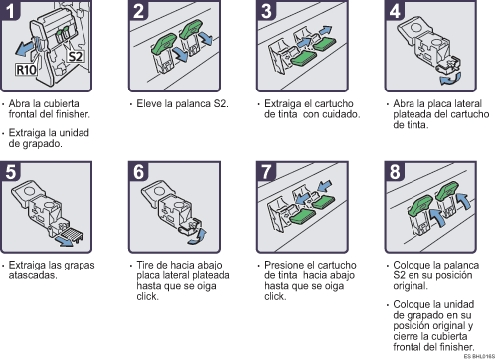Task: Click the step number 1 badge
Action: (10, 10)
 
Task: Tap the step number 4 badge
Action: (395, 10)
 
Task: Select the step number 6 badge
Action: (138, 171)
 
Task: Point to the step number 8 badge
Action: (395, 171)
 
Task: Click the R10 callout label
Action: (26, 70)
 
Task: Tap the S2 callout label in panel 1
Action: (75, 57)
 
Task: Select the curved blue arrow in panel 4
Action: (450, 79)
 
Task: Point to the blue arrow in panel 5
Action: (65, 241)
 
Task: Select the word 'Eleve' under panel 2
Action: (147, 104)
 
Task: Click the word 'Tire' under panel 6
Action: (145, 265)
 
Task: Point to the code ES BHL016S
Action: (479, 356)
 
